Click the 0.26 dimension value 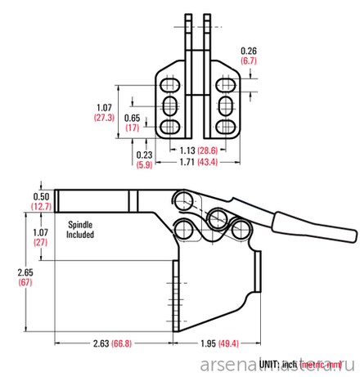tap(250, 51)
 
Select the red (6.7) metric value tap(250, 61)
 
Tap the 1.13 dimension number tap(187, 151)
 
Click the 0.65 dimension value tap(131, 118)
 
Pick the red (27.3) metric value tap(103, 118)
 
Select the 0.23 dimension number tap(144, 154)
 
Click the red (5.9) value tap(144, 164)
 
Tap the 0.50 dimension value tap(41, 196)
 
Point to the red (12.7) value tap(41, 207)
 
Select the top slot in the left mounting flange tap(170, 86)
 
